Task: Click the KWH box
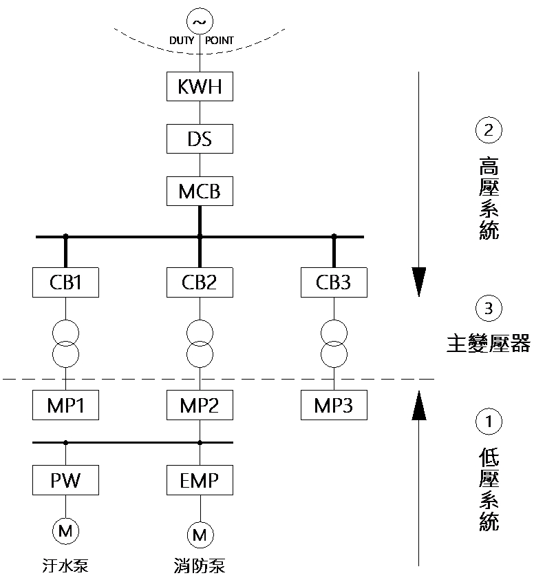pos(200,87)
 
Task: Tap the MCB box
pos(200,190)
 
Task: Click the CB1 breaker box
pos(66,282)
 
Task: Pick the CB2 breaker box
pos(200,282)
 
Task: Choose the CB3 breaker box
pos(334,282)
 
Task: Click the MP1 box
pos(66,404)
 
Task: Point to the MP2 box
pos(200,404)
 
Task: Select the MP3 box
pos(334,404)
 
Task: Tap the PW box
pos(66,479)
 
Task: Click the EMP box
pos(200,479)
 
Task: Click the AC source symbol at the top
pos(200,22)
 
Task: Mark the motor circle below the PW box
pos(66,530)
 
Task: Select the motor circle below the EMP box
pos(200,534)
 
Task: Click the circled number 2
pos(489,130)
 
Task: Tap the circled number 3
pos(489,309)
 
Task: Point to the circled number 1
pos(489,422)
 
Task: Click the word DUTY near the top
pos(182,41)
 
